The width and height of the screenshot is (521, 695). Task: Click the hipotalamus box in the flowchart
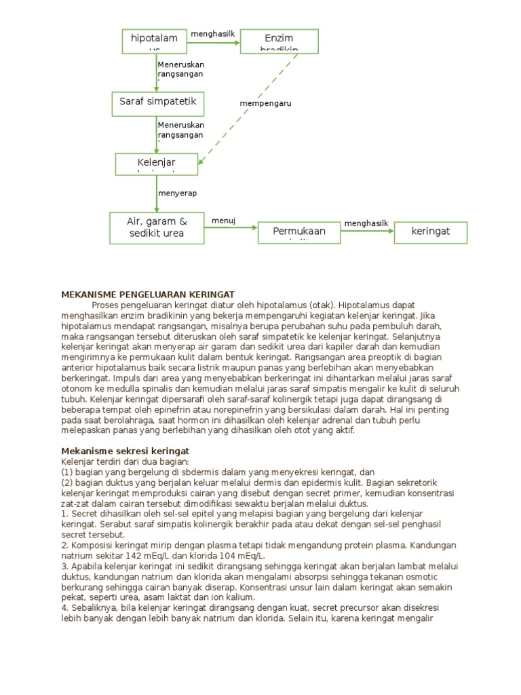click(154, 40)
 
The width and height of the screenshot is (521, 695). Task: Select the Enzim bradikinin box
click(279, 41)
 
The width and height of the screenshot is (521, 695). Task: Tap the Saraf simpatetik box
click(157, 102)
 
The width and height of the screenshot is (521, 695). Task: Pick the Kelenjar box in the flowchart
click(156, 164)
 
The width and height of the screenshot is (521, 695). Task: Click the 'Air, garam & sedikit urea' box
click(156, 227)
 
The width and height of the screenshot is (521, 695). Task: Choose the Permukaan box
click(298, 232)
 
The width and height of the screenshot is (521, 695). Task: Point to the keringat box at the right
click(430, 232)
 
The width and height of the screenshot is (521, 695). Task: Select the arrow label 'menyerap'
click(177, 193)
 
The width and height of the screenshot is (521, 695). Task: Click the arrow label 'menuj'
click(223, 221)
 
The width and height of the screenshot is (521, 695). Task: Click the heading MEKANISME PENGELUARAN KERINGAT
click(148, 294)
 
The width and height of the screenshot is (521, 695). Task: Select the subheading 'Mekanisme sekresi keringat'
click(125, 451)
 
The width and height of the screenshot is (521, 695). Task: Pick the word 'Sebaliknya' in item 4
click(94, 608)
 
